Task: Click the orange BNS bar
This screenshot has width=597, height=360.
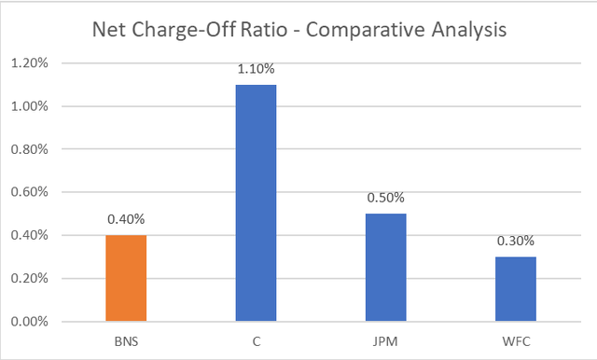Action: pyautogui.click(x=126, y=278)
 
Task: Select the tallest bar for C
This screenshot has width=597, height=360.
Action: pyautogui.click(x=256, y=203)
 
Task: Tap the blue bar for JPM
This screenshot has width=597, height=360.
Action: pyautogui.click(x=386, y=268)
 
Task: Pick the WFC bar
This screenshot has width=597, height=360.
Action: pyautogui.click(x=516, y=289)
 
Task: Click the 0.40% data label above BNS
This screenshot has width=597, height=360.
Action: pyautogui.click(x=126, y=219)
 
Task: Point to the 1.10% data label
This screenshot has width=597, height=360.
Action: pyautogui.click(x=256, y=69)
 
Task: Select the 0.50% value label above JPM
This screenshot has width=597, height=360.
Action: pyautogui.click(x=385, y=198)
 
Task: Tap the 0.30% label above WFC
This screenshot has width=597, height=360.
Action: pyautogui.click(x=516, y=241)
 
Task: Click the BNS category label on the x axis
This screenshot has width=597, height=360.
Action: pyautogui.click(x=127, y=341)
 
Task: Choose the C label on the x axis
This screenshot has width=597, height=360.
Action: pyautogui.click(x=257, y=341)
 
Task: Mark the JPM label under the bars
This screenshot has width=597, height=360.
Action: pyautogui.click(x=385, y=341)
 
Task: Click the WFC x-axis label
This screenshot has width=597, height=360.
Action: pyautogui.click(x=516, y=341)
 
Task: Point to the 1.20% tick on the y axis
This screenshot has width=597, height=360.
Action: pyautogui.click(x=30, y=62)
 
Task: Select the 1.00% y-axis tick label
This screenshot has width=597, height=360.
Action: pyautogui.click(x=30, y=106)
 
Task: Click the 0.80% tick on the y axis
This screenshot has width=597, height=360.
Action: pyautogui.click(x=30, y=149)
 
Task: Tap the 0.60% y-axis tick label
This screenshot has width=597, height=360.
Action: pyautogui.click(x=30, y=192)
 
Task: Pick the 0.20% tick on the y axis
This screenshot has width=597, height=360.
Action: pyautogui.click(x=30, y=278)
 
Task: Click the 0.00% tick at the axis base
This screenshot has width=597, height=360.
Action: pyautogui.click(x=30, y=322)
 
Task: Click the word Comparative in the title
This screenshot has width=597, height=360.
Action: pyautogui.click(x=366, y=30)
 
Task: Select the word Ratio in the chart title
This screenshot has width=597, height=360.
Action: pyautogui.click(x=264, y=29)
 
